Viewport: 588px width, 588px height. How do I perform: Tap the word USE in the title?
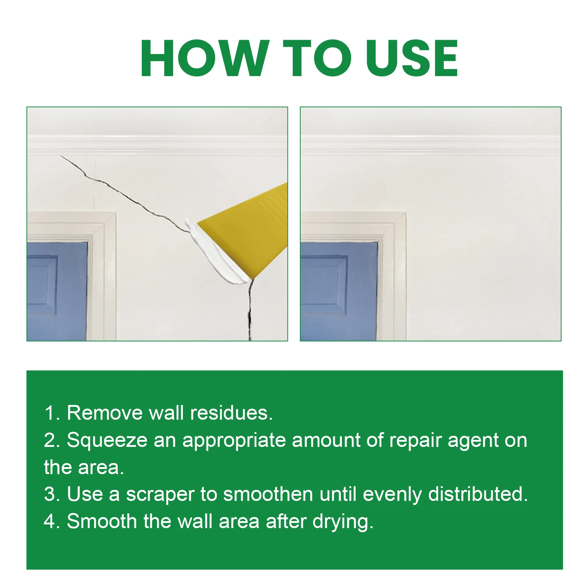[412, 59]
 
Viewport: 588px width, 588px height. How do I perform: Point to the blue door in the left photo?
[57, 290]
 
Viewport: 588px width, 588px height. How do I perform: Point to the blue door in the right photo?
[338, 290]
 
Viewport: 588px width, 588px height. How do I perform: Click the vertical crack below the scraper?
[250, 312]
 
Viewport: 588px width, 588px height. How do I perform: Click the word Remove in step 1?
[104, 413]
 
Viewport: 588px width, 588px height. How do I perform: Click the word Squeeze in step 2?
[107, 440]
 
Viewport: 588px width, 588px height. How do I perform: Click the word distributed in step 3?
[478, 494]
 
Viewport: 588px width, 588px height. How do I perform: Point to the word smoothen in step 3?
[268, 494]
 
